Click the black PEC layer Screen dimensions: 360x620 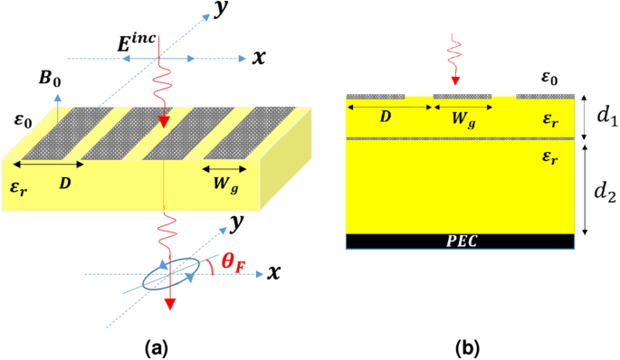[461, 241]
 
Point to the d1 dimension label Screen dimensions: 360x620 [600, 115]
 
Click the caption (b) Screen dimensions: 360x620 [460, 345]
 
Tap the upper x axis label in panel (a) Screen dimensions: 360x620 [259, 58]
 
